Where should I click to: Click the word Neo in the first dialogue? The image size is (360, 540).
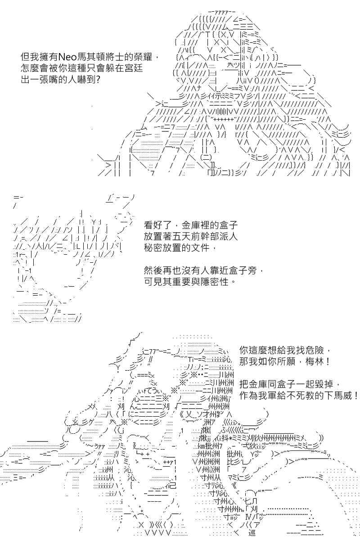click(67, 58)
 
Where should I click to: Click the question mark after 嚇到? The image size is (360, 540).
click(98, 79)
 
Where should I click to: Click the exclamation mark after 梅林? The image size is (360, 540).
click(327, 361)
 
